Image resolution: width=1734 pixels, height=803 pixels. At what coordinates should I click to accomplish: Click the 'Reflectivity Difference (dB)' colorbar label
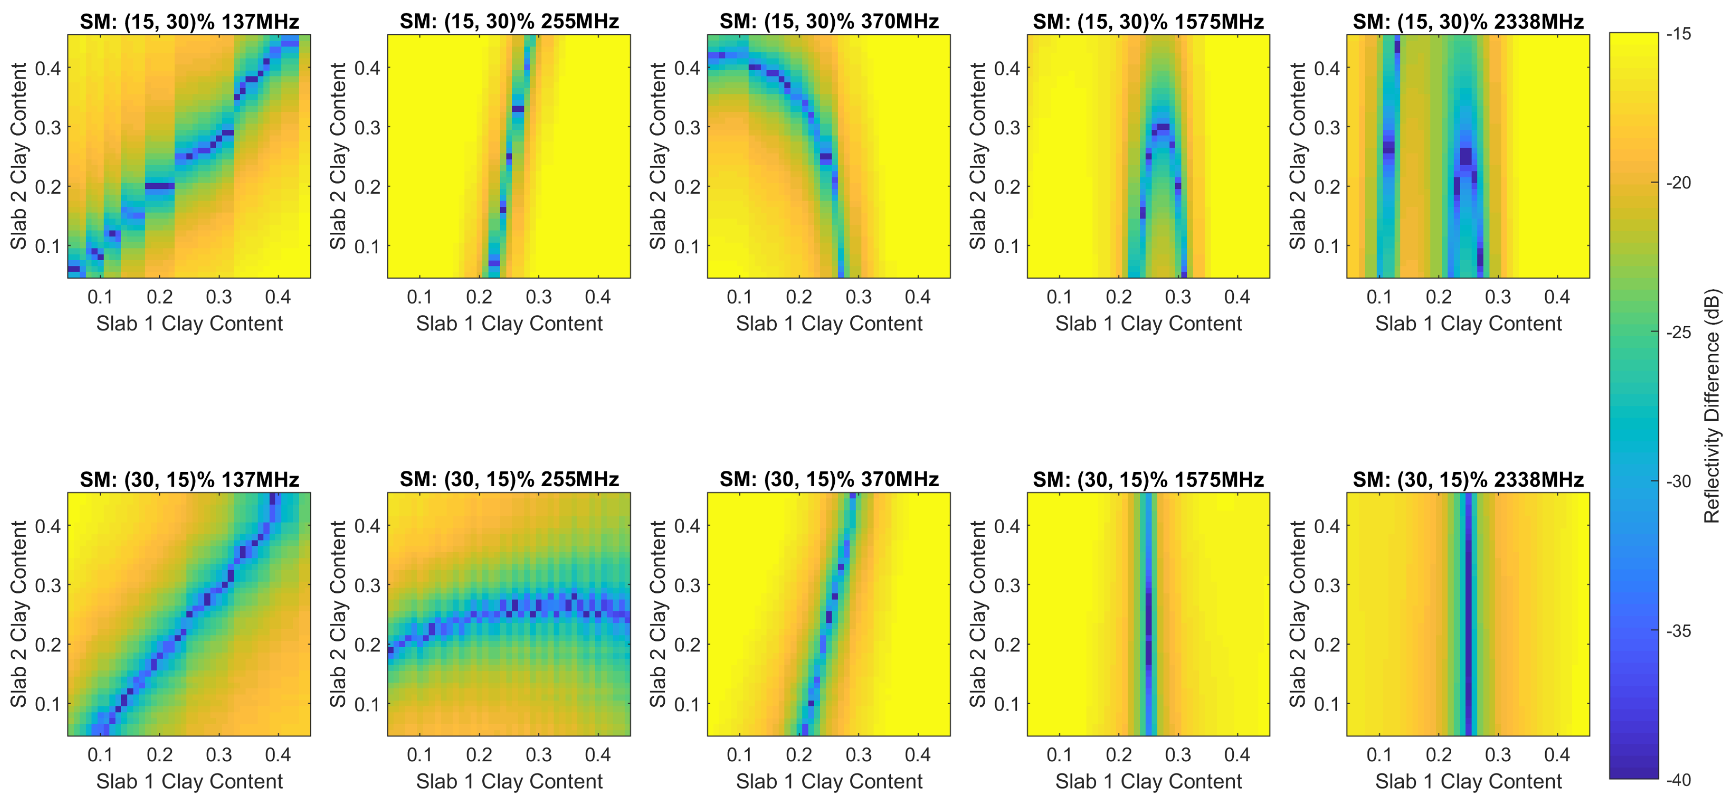click(x=1711, y=406)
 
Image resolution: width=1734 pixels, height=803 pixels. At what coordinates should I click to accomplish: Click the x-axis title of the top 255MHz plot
click(x=509, y=324)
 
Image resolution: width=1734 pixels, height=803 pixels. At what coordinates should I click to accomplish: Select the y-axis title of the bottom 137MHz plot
click(x=18, y=613)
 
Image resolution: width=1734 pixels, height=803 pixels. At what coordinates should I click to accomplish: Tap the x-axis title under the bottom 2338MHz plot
click(x=1468, y=782)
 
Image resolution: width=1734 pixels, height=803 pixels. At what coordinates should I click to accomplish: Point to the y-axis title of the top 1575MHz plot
click(x=977, y=155)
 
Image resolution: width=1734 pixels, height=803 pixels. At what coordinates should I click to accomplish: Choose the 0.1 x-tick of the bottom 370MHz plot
click(x=739, y=755)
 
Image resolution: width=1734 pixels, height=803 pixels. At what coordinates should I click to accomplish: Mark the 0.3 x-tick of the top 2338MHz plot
click(x=1498, y=297)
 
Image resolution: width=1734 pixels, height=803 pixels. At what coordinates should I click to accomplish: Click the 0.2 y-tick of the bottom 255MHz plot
click(x=368, y=645)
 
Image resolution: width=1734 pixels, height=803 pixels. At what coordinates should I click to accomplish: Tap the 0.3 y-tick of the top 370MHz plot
click(x=687, y=127)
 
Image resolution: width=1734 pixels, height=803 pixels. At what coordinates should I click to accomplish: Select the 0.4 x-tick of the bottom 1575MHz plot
click(x=1237, y=755)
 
